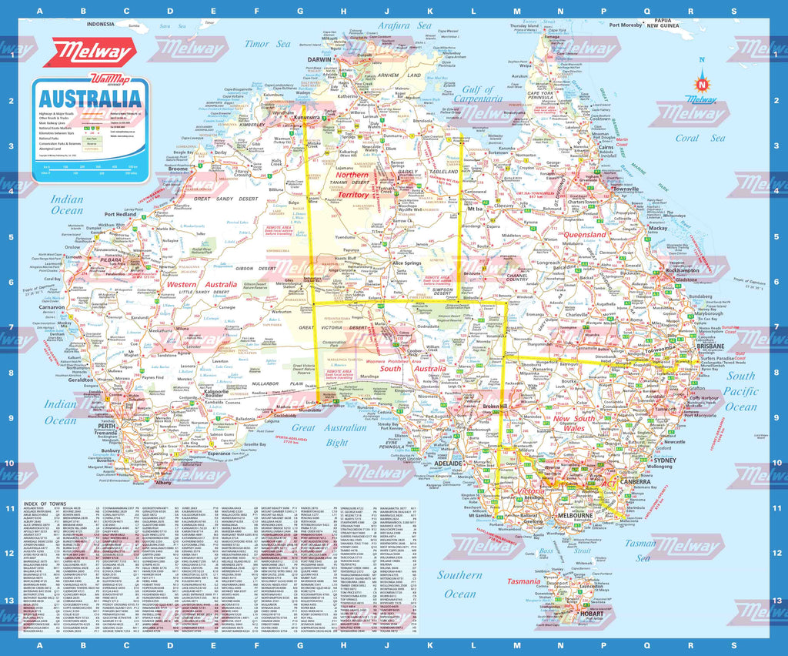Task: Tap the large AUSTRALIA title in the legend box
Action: click(90, 99)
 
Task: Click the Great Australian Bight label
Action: click(325, 434)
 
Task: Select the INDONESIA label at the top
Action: click(105, 24)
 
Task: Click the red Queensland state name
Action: click(586, 234)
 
